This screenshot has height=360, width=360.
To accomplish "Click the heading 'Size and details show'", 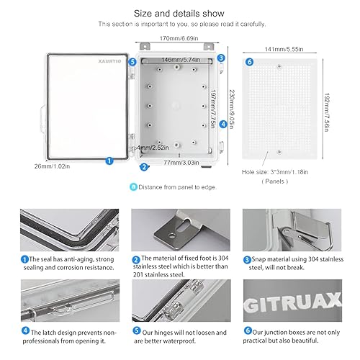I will click(x=179, y=14).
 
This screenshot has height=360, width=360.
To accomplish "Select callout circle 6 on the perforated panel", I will click(x=249, y=62).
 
